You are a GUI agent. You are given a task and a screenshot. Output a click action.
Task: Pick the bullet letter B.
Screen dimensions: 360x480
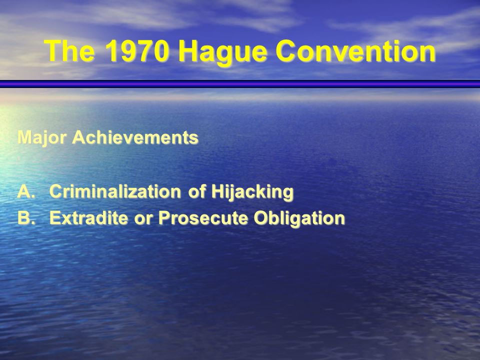[x=24, y=218]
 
